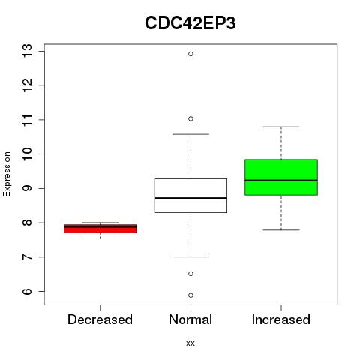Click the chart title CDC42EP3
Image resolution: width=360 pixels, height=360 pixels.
click(190, 23)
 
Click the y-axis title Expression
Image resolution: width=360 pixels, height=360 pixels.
click(7, 174)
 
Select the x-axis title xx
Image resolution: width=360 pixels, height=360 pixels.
click(190, 343)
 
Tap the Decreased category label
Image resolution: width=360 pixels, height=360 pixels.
click(100, 319)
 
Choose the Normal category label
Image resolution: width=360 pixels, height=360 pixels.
click(190, 319)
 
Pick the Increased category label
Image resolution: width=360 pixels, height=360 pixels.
click(281, 319)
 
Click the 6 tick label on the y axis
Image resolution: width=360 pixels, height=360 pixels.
click(28, 291)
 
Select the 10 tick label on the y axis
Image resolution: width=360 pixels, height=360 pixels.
click(28, 154)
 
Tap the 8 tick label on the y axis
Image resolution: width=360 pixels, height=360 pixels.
click(28, 223)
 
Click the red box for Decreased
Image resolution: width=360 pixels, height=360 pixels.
click(100, 229)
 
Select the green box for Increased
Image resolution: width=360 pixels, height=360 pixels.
click(281, 177)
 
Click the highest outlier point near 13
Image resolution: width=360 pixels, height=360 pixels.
click(190, 54)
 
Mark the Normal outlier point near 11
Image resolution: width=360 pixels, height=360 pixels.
click(190, 118)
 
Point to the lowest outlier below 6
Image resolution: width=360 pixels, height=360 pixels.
click(190, 295)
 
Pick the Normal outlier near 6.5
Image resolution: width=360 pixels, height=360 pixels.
click(190, 274)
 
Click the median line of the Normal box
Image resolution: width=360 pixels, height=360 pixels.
click(190, 198)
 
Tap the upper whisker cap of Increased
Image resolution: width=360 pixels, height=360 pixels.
click(281, 127)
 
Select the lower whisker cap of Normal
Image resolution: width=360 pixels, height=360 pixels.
click(190, 256)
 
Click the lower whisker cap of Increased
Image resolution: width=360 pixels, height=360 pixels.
click(281, 229)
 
